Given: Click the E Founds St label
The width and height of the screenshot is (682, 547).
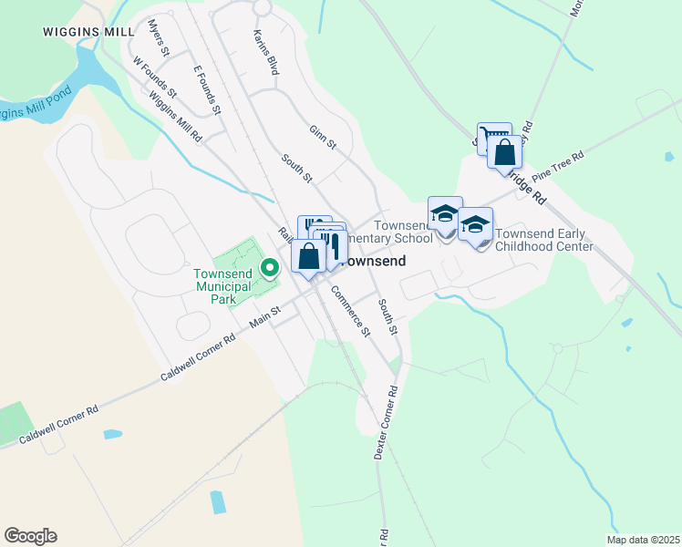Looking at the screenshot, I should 208,89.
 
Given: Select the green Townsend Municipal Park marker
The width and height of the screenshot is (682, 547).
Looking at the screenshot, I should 269,267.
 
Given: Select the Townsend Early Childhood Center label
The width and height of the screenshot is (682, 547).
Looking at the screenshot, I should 543,239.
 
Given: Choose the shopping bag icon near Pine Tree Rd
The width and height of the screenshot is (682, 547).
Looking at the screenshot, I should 503,151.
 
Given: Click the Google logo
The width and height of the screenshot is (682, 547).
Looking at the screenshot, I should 30,536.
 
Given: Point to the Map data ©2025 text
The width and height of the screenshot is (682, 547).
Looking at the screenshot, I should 642,540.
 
